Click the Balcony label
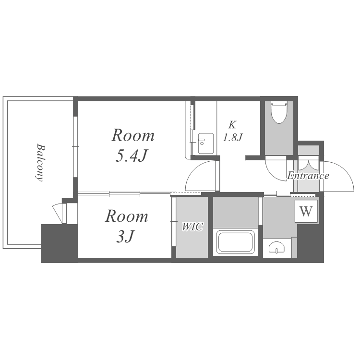point(40,163)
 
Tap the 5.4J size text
point(131,156)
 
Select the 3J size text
point(125,236)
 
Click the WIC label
point(192,227)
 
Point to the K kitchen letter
point(232,125)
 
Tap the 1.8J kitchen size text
point(233,138)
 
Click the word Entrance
point(308,176)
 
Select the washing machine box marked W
point(306,211)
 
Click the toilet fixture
point(279,113)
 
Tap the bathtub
point(236,242)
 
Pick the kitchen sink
point(206,143)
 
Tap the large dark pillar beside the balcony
point(59,243)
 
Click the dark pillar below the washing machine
point(311,243)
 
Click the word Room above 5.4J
point(133,135)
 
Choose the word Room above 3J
point(127,216)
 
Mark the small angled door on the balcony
point(58,212)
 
